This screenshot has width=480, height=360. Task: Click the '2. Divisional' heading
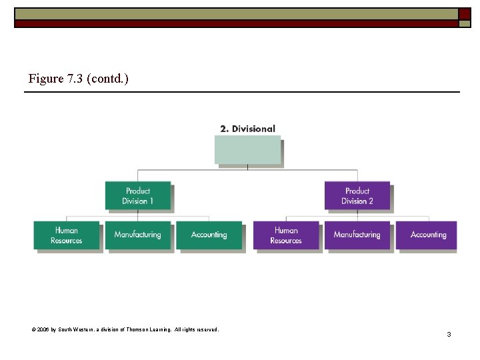point(247,129)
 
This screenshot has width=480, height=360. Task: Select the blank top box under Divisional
point(247,150)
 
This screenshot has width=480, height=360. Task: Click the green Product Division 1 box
point(137,195)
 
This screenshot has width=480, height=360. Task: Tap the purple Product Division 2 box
point(357,195)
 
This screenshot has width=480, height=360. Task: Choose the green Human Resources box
point(66,235)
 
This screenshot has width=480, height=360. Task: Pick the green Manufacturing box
point(137,235)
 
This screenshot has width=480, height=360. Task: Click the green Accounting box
point(209,235)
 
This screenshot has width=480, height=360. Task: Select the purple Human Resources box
point(286,235)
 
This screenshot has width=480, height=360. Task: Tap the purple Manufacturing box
point(357,235)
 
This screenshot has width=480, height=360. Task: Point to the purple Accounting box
point(428,235)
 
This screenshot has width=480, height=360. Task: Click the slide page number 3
point(449,334)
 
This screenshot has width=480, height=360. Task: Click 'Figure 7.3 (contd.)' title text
point(79,79)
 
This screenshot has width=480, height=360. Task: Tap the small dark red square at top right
point(465,14)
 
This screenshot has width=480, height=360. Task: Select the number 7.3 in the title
point(75,79)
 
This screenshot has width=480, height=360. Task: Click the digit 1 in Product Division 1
point(151,201)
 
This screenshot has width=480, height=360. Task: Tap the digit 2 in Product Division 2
point(371,201)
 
